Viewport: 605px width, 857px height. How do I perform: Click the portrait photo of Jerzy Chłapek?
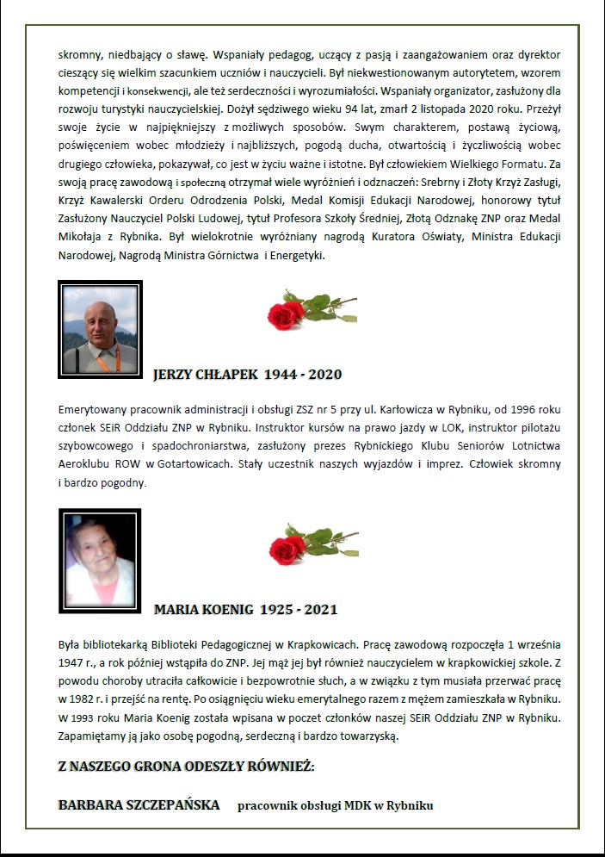(x=100, y=329)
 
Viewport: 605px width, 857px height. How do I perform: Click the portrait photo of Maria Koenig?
(x=100, y=561)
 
